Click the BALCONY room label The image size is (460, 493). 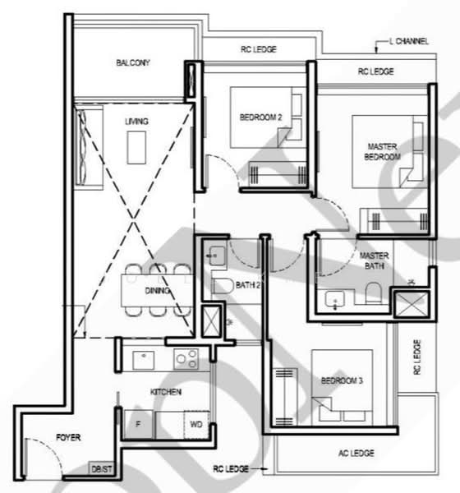coord(133,62)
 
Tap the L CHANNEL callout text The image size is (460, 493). coord(409,41)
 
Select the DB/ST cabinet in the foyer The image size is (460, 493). coord(101,469)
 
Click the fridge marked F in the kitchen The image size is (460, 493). coord(138,424)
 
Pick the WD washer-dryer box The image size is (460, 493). coord(196,425)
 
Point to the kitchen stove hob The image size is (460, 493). coord(186,359)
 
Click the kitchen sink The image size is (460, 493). coord(144,360)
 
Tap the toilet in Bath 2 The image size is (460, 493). coord(223,285)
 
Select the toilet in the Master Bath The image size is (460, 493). coord(374,293)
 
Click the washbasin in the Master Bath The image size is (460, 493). coord(334,299)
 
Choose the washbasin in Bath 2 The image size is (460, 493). coord(217,256)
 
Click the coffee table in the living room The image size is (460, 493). coord(136,147)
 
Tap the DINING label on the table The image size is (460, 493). coord(157,291)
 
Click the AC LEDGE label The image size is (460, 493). coord(356,453)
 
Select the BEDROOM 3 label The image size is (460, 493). coord(342,380)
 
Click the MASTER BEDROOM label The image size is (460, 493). coord(382,151)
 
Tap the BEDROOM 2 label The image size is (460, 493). coord(260,117)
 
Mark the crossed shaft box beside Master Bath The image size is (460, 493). coord(412,304)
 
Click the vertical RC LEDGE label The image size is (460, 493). coord(417,357)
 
